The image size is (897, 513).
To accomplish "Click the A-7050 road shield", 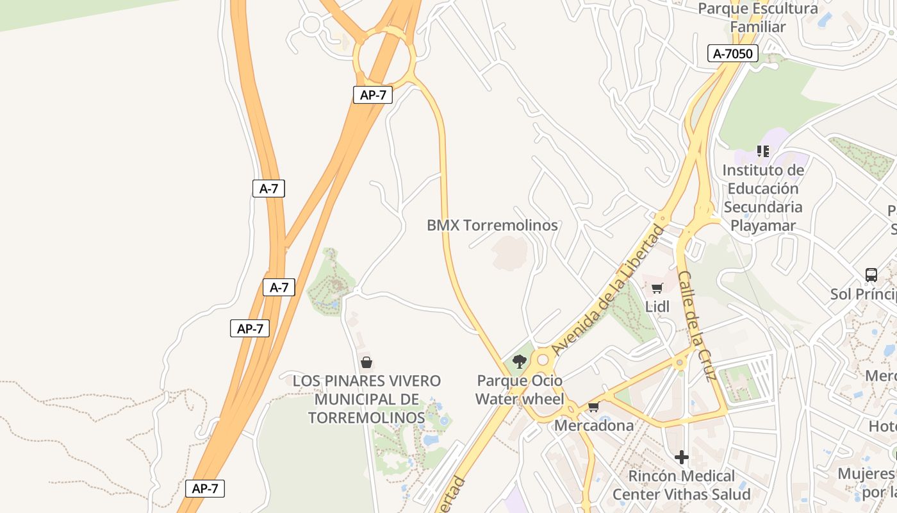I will (733, 54).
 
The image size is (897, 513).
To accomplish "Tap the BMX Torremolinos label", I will (492, 226).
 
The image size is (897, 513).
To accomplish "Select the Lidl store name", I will (657, 307).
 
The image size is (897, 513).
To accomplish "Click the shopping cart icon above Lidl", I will (657, 289).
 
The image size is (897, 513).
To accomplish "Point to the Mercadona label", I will (593, 425).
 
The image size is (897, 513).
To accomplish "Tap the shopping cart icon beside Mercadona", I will (593, 407).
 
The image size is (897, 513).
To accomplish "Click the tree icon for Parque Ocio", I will (520, 362).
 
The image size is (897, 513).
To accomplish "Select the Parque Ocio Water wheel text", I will (519, 390).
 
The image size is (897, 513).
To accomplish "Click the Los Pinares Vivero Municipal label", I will (366, 399).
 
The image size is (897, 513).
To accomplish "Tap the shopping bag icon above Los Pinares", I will (366, 363).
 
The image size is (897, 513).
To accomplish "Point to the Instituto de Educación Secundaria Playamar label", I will (762, 198).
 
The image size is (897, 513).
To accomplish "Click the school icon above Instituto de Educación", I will (762, 151).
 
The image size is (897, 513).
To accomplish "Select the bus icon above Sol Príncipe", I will (871, 275).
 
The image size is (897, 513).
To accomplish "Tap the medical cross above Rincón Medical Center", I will (682, 457).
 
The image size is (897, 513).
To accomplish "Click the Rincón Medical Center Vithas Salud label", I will (681, 485).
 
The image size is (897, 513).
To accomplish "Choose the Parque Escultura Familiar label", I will (757, 18).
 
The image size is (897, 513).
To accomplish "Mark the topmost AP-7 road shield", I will (372, 95).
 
